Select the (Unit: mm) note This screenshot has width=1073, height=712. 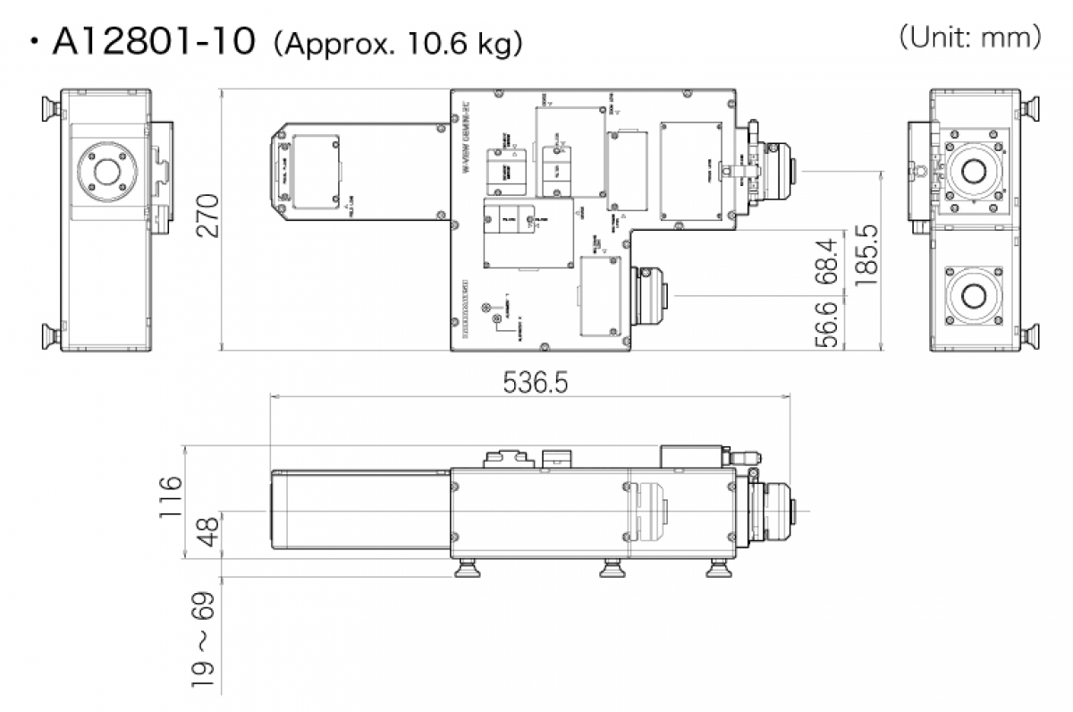[969, 38]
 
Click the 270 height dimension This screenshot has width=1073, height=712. [207, 216]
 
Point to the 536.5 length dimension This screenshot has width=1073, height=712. [535, 382]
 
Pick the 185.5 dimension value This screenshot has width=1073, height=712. [866, 255]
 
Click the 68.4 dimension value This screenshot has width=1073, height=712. [830, 262]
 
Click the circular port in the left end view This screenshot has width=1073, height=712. [107, 168]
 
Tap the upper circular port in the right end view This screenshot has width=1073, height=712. [975, 167]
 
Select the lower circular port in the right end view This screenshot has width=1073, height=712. [974, 293]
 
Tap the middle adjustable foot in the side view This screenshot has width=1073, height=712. [613, 567]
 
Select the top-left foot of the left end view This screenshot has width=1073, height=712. [48, 109]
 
